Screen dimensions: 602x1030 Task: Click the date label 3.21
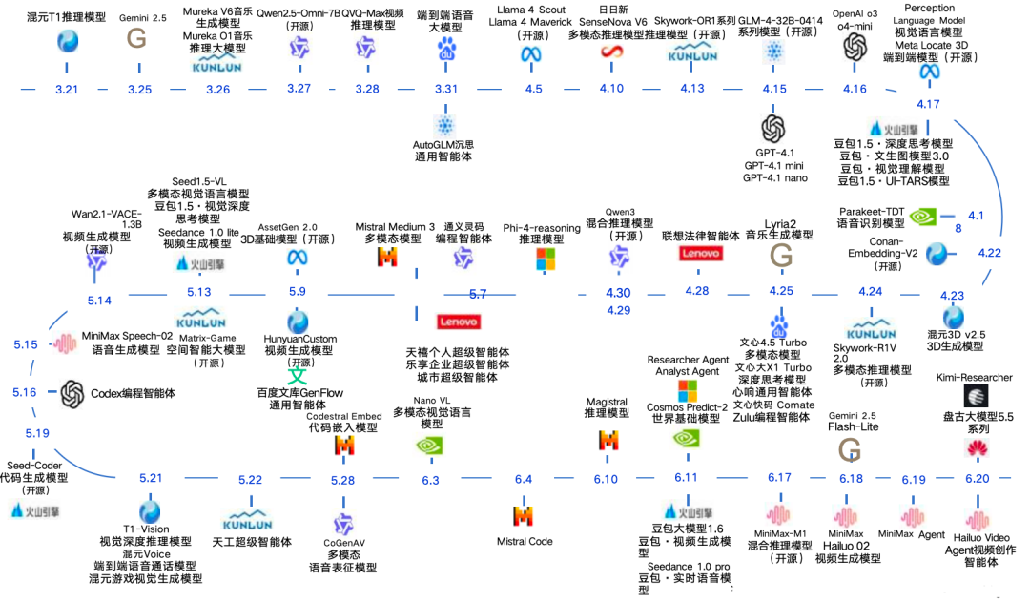[x=67, y=89]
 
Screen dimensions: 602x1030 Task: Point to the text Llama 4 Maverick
[x=531, y=22]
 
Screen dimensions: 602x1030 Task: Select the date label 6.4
[x=523, y=479]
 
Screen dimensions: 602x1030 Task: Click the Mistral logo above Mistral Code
[x=523, y=515]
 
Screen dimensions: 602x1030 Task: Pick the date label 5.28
[x=343, y=480]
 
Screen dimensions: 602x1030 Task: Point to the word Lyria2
[x=781, y=222]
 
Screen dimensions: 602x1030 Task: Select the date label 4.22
[x=989, y=254]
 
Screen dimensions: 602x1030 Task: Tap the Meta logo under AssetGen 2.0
[x=297, y=258]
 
